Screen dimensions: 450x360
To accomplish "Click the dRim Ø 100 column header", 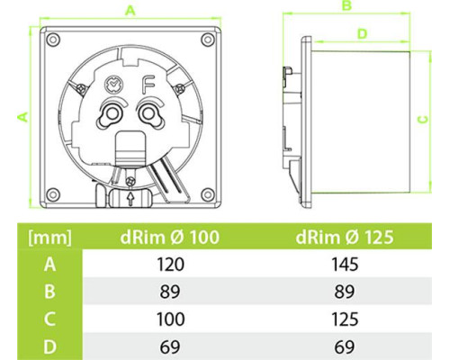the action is click(x=170, y=237).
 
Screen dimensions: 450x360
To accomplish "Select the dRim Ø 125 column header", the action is click(x=345, y=237).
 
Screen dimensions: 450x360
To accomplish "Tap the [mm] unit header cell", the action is click(x=49, y=238).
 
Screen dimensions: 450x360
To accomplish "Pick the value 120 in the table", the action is click(x=170, y=265).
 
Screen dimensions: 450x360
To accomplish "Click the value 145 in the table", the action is click(x=345, y=265).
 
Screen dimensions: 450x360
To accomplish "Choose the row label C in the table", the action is click(x=49, y=319).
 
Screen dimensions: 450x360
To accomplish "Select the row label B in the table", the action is click(x=49, y=292).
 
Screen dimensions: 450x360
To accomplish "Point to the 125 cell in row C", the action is click(x=345, y=319).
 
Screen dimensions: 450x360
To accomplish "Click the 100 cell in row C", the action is click(x=170, y=319).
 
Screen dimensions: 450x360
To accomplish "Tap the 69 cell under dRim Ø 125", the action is click(x=345, y=346).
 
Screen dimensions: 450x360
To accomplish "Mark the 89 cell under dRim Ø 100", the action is click(x=170, y=292).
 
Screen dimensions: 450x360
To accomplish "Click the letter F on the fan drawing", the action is click(x=148, y=85).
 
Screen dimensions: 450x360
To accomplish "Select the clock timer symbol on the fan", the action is click(x=113, y=85).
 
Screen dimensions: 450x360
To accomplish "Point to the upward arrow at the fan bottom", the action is click(x=130, y=199).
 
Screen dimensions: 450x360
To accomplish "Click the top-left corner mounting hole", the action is click(x=53, y=40).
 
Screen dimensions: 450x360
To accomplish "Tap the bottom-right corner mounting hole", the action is click(x=207, y=193).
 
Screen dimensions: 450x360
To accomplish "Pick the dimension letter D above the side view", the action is click(x=363, y=33).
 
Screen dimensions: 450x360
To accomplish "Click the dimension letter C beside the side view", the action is click(x=423, y=120).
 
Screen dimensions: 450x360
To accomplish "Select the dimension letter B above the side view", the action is click(x=346, y=5).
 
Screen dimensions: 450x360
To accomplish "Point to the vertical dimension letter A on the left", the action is click(x=23, y=117).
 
